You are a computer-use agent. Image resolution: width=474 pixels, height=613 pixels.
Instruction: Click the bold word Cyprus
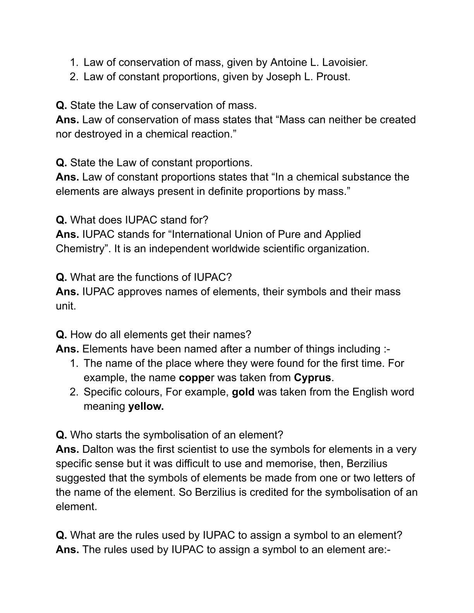point(313,377)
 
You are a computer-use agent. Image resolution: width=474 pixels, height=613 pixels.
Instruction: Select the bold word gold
point(243,392)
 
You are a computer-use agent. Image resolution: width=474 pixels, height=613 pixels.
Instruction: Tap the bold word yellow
point(146,406)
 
